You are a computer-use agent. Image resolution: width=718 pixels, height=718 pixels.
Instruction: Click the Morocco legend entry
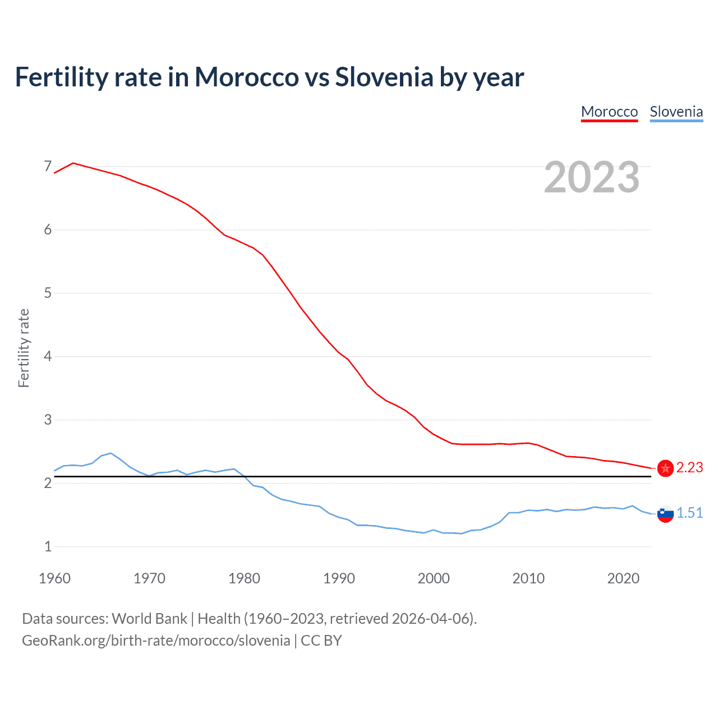[x=609, y=112]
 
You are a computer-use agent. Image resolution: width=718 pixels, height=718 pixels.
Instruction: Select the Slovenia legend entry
[x=676, y=112]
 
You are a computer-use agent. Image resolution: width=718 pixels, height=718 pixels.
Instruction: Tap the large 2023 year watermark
[x=592, y=177]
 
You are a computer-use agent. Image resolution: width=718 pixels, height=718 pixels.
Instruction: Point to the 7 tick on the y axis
[x=48, y=166]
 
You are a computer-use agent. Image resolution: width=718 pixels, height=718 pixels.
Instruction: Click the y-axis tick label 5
[x=48, y=293]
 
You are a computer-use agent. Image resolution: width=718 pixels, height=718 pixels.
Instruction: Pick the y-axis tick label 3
[x=48, y=420]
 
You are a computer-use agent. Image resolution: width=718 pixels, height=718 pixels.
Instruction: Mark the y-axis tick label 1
[x=48, y=546]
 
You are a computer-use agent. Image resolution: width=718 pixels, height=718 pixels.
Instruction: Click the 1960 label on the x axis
[x=54, y=578]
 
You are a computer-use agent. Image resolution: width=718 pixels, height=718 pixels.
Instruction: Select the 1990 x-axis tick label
[x=339, y=578]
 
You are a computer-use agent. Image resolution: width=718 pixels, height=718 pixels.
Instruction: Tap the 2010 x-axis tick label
[x=528, y=578]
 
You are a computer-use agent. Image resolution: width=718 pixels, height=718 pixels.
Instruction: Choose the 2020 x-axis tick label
[x=623, y=578]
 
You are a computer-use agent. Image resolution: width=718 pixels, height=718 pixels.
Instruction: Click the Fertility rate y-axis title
[x=24, y=348]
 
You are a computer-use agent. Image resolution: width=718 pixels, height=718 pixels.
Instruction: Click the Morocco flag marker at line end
[x=665, y=468]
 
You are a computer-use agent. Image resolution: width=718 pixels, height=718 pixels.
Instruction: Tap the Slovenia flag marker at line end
[x=665, y=513]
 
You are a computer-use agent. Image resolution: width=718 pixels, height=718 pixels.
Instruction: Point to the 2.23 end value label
[x=689, y=468]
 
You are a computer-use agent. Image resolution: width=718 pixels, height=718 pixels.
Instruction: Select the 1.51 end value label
[x=689, y=513]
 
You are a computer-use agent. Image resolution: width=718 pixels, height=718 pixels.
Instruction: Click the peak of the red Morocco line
[x=73, y=163]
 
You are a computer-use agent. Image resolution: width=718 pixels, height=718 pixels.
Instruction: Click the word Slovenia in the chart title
[x=384, y=77]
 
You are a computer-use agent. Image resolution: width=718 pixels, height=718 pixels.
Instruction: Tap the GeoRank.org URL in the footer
[x=156, y=641]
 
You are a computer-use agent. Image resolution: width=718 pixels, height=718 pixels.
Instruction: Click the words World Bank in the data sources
[x=149, y=619]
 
